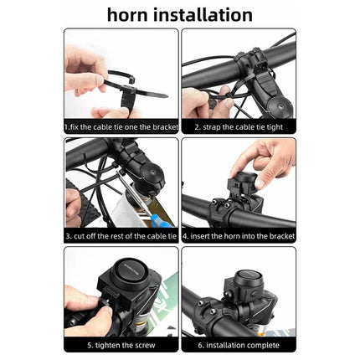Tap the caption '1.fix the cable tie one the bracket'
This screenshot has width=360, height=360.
pyautogui.click(x=121, y=127)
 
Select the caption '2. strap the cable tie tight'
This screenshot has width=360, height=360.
pyautogui.click(x=238, y=127)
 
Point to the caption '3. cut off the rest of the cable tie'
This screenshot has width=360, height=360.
pyautogui.click(x=121, y=236)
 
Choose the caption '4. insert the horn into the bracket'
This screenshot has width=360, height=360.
pyautogui.click(x=238, y=236)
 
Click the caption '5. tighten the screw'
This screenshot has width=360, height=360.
pyautogui.click(x=121, y=345)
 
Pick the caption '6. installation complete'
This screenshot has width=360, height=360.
pyautogui.click(x=238, y=345)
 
